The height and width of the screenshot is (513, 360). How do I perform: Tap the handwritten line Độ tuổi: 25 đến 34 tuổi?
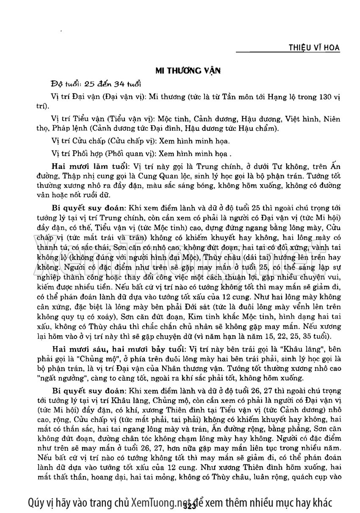click(x=96, y=83)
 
